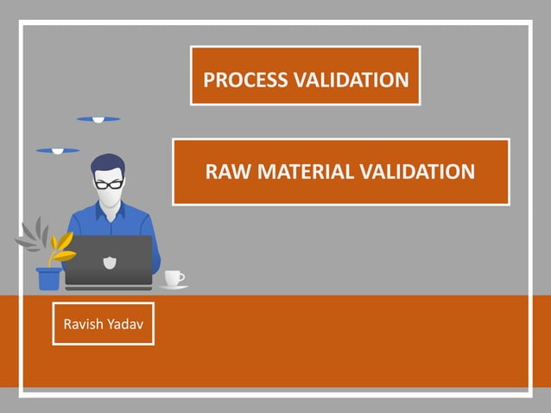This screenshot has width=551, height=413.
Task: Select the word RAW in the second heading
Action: click(x=225, y=172)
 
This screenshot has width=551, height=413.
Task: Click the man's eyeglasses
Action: click(x=109, y=183)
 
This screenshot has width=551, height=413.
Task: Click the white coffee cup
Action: click(x=173, y=277)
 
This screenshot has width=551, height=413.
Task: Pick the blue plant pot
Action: click(x=48, y=278)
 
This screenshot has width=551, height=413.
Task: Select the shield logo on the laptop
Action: click(x=110, y=262)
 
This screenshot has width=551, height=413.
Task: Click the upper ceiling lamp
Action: click(x=98, y=119)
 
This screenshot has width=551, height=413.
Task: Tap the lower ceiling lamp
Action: click(x=58, y=150)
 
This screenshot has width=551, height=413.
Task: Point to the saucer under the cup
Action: click(x=174, y=287)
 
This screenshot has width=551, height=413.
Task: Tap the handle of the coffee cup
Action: click(x=181, y=277)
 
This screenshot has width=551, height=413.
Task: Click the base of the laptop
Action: click(x=109, y=284)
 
